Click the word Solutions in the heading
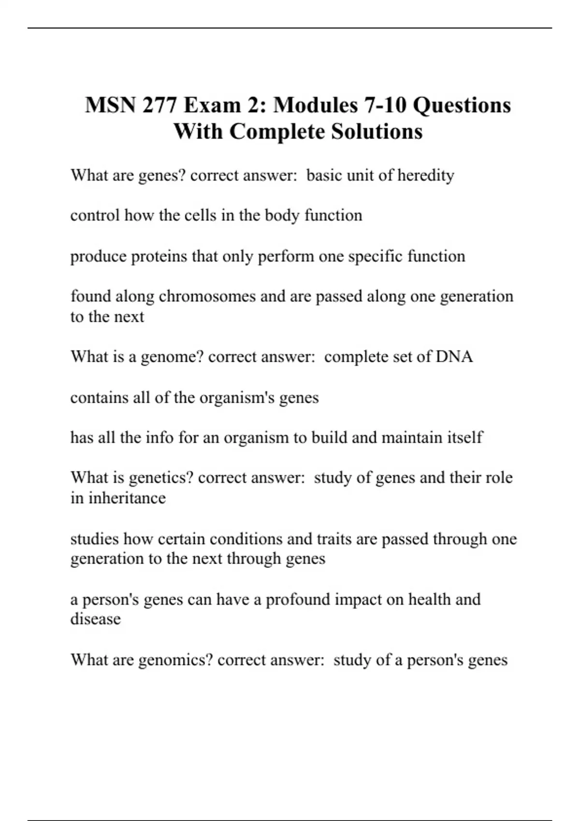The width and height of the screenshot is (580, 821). (x=377, y=131)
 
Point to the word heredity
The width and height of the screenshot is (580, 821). (x=425, y=175)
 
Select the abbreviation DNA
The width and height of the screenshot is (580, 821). (x=454, y=357)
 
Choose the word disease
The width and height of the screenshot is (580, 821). (x=96, y=619)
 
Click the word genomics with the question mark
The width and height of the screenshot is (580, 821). (x=175, y=660)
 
